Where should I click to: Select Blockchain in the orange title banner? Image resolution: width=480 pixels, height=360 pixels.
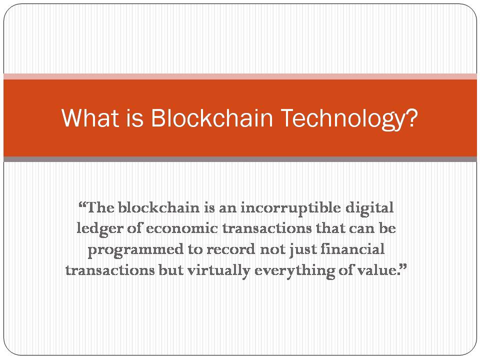(211, 118)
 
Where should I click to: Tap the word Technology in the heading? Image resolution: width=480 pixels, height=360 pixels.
(343, 119)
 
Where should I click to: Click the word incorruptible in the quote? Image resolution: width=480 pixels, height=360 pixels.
(290, 208)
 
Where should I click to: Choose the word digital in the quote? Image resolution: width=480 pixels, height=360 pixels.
(369, 208)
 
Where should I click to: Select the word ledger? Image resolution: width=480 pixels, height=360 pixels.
(99, 229)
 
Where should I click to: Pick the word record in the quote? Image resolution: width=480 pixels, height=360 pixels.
(230, 249)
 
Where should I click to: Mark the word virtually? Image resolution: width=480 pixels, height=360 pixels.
(218, 271)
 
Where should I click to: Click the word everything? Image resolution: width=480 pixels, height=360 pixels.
(294, 271)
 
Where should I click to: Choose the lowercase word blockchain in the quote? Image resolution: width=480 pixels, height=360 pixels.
(158, 208)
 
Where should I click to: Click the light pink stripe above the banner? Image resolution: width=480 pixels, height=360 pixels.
(240, 76)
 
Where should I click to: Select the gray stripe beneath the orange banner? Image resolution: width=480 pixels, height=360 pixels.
(240, 159)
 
